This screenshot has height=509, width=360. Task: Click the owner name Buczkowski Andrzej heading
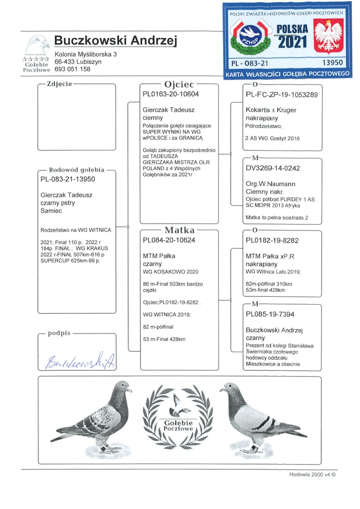115,40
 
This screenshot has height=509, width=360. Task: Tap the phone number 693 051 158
72,69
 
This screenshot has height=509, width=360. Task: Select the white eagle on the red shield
328,36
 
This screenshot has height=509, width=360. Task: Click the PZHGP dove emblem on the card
251,36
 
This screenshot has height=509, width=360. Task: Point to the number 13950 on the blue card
332,63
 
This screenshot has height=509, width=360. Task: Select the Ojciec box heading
179,84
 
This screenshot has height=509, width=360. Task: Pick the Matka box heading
179,230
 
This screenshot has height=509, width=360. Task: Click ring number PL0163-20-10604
171,94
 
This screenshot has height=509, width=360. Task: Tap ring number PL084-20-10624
169,240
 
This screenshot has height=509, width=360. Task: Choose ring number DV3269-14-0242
273,168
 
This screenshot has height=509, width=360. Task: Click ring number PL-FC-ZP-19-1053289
281,95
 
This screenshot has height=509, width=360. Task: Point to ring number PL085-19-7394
270,314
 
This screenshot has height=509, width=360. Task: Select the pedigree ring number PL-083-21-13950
68,179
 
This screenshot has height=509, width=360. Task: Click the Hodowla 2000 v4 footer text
312,474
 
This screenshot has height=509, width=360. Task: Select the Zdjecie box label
59,84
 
